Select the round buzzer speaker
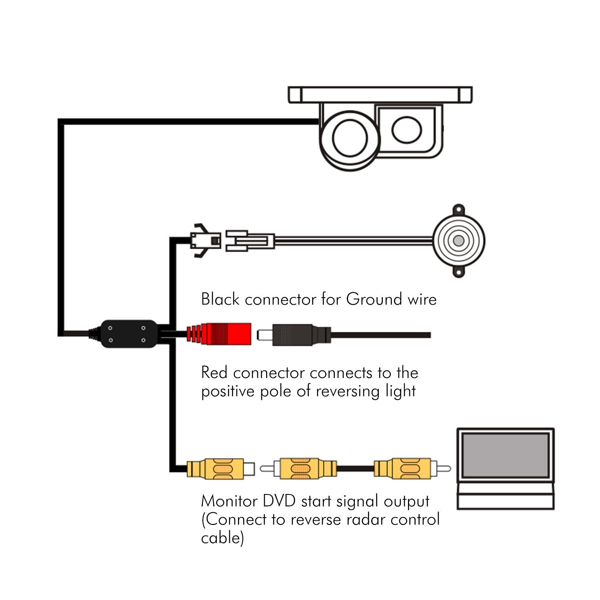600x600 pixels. pos(459,241)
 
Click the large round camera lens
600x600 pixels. pos(350,138)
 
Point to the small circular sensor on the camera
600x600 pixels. pos(407,130)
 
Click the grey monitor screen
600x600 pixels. pos(505,455)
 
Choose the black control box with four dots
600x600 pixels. pos(128,334)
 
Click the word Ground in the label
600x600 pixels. pos(374,299)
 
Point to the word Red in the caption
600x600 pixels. pos(215,372)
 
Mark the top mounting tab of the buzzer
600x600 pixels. pos(459,210)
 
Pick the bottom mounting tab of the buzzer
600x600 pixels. pos(459,272)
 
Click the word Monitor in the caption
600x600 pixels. pos(230,501)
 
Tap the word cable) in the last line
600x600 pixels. pos(222,538)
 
